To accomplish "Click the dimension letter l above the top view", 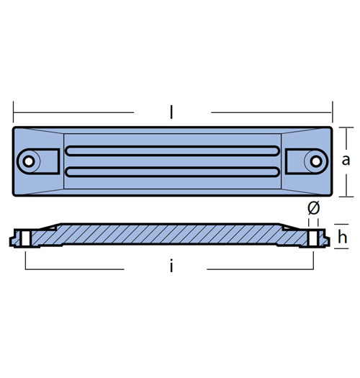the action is tap(171, 112).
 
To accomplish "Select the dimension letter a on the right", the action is tap(346, 161).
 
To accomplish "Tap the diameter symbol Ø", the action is tap(314, 208).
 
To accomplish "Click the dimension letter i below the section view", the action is tap(171, 266).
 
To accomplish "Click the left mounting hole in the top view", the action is tap(29, 161).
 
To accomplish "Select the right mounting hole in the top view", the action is tap(316, 161).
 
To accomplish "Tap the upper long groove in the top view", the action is tap(172, 150).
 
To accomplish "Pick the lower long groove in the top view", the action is tap(172, 172).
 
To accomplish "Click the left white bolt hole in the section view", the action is tap(25, 238).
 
